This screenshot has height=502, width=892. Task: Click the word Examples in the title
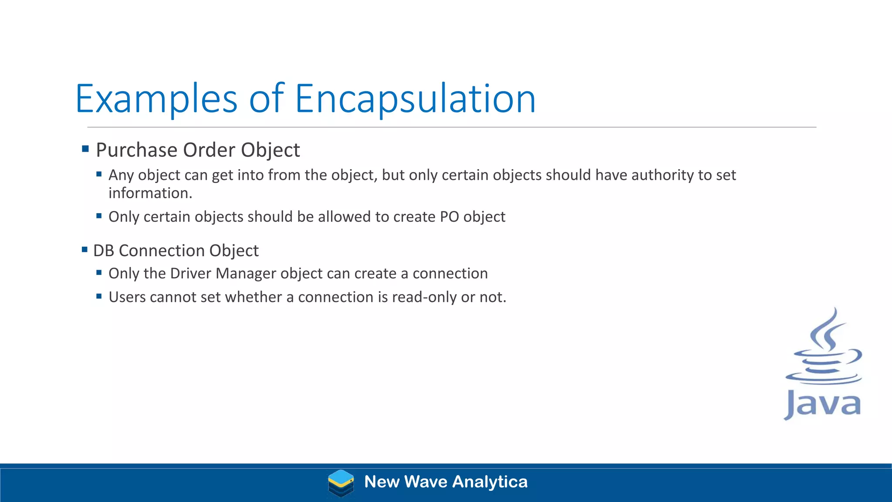156,99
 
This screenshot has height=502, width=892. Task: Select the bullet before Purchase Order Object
85,149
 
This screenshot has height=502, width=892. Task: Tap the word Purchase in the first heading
136,150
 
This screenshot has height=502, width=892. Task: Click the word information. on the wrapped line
150,193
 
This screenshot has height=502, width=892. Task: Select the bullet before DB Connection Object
84,250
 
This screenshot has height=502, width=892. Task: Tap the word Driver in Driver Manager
190,273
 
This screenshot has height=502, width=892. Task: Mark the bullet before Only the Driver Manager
99,273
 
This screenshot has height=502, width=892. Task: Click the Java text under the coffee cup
823,404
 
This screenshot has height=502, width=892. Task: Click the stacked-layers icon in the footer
341,483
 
